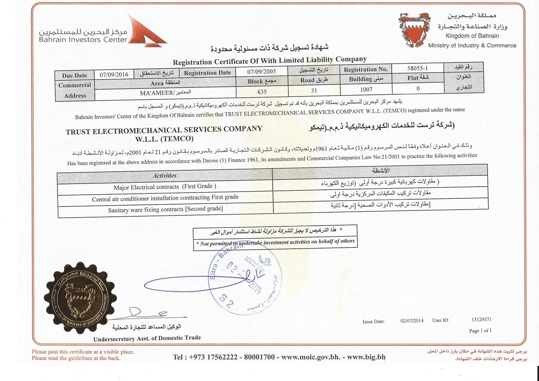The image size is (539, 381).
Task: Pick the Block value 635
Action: pos(261,90)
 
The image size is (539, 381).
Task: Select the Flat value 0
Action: pos(418,88)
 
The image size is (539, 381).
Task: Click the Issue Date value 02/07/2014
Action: pos(411,321)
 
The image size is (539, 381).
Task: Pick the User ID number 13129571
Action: pos(481,320)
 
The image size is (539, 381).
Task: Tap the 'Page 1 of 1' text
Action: pos(480,331)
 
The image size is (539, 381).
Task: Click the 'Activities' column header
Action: pos(164,176)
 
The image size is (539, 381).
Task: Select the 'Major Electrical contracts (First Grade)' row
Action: pos(165,187)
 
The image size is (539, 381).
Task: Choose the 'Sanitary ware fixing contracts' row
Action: pos(165,209)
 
